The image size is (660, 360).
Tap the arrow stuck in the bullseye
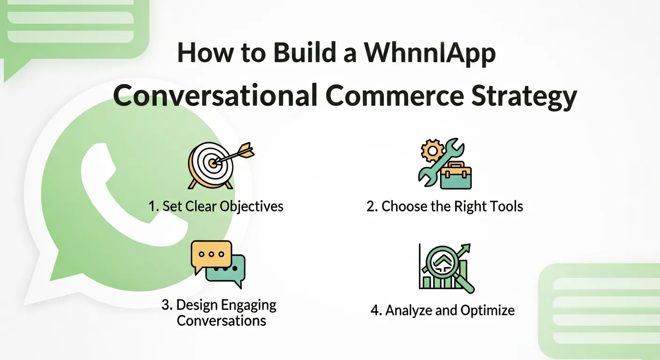click(x=237, y=154)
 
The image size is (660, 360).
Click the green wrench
click(x=438, y=164)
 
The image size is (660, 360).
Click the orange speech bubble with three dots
click(x=211, y=255)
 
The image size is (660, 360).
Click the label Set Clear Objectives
click(x=216, y=206)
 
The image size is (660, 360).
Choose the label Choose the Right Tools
click(x=444, y=206)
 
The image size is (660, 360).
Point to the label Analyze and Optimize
click(x=442, y=310)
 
